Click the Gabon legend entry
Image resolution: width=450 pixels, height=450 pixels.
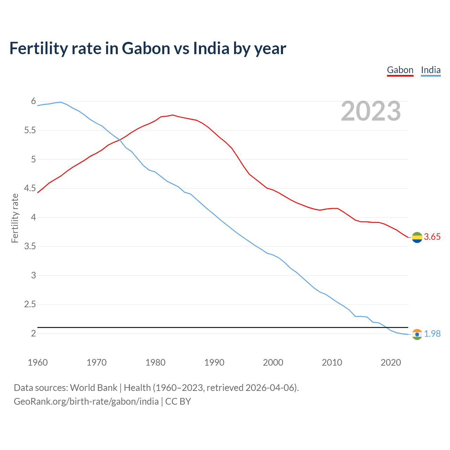coord(400,70)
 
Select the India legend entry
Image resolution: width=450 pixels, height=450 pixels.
coord(431,70)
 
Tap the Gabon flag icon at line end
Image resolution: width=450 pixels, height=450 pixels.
coord(417,237)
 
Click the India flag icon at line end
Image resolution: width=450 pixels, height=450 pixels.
coord(417,334)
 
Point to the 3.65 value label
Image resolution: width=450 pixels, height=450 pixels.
coord(432,237)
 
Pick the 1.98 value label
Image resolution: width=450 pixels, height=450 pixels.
coord(432,334)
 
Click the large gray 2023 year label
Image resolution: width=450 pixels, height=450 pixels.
coord(371,111)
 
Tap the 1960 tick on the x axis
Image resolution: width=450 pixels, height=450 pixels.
coord(38,362)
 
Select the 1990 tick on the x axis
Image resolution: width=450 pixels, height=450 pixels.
coord(214,362)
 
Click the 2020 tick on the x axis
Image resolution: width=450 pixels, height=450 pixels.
coord(391,362)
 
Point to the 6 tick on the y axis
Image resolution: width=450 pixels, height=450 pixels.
coord(33,101)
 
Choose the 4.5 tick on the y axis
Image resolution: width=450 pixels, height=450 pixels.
coord(30,188)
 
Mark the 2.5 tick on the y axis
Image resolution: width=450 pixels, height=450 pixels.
coord(30,304)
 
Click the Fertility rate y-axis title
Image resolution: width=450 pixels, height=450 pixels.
coord(15,218)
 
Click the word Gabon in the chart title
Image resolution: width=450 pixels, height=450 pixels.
coord(146,49)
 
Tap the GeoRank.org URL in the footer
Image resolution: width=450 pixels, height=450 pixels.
coord(86,401)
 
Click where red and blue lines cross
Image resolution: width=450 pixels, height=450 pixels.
coord(120,140)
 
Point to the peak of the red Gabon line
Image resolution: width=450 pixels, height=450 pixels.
coord(173,115)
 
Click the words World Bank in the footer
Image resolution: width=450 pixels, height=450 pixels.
coord(94,388)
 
